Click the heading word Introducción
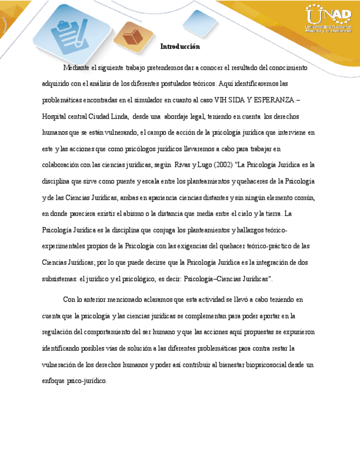point(180,47)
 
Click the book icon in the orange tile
point(133,37)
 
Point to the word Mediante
point(76,68)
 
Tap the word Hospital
point(55,116)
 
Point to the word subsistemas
point(59,279)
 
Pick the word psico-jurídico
point(88,381)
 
